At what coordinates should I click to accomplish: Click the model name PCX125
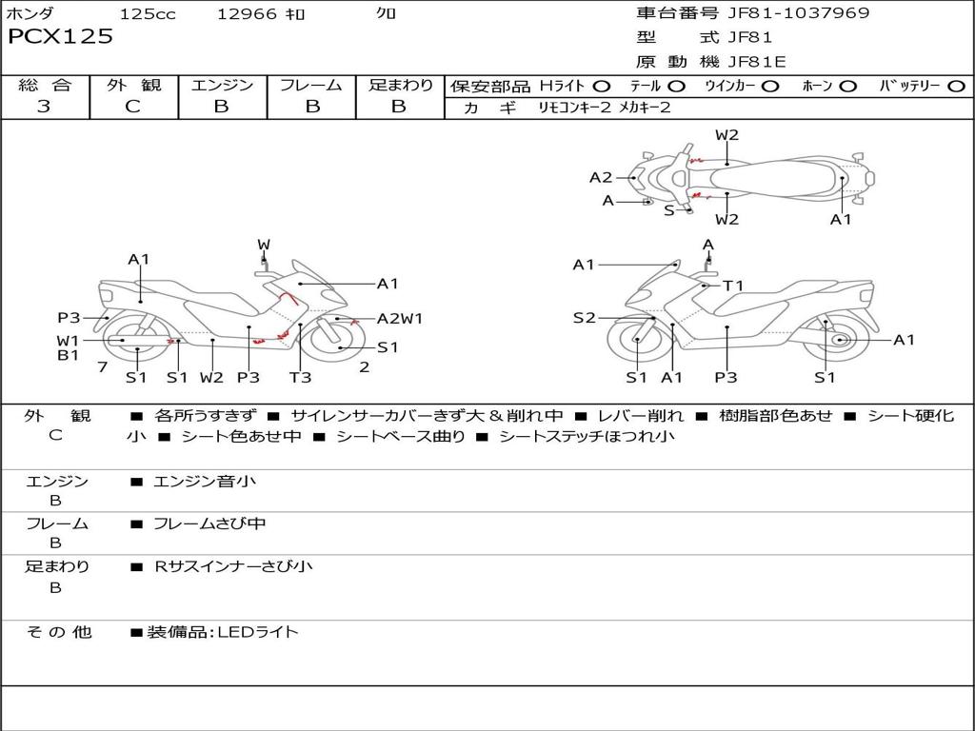pyautogui.click(x=60, y=36)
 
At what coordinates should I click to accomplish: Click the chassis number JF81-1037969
pyautogui.click(x=799, y=13)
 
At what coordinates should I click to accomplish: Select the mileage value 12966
pyautogui.click(x=247, y=13)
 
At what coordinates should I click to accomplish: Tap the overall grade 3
pyautogui.click(x=44, y=106)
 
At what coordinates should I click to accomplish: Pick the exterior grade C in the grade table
pyautogui.click(x=132, y=107)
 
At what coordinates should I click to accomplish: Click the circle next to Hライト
pyautogui.click(x=602, y=87)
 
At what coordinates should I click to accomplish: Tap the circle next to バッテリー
pyautogui.click(x=956, y=87)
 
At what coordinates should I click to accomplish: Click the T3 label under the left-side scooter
pyautogui.click(x=300, y=377)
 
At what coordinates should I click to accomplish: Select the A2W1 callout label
pyautogui.click(x=400, y=319)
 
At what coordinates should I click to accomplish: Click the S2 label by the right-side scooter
pyautogui.click(x=584, y=318)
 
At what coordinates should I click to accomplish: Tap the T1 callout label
pyautogui.click(x=734, y=286)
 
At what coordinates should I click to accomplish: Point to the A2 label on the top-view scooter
pyautogui.click(x=601, y=178)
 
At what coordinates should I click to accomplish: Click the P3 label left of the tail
pyautogui.click(x=69, y=318)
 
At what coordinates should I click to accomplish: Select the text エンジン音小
pyautogui.click(x=205, y=481)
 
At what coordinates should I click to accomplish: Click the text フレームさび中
pyautogui.click(x=209, y=524)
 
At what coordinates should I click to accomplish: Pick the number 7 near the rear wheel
pyautogui.click(x=103, y=367)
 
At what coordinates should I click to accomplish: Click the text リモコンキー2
pyautogui.click(x=575, y=108)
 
